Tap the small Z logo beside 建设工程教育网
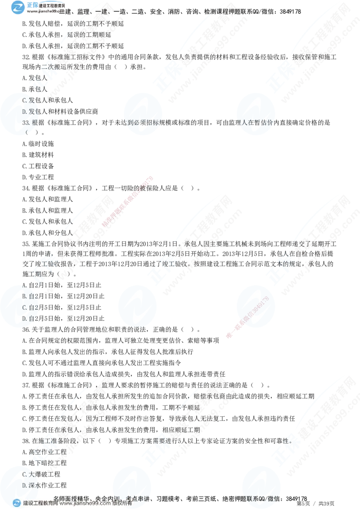[17, 503]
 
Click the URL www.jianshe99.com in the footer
[85, 504]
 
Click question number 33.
[26, 122]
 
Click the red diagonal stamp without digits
[128, 201]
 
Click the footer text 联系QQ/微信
[263, 498]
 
